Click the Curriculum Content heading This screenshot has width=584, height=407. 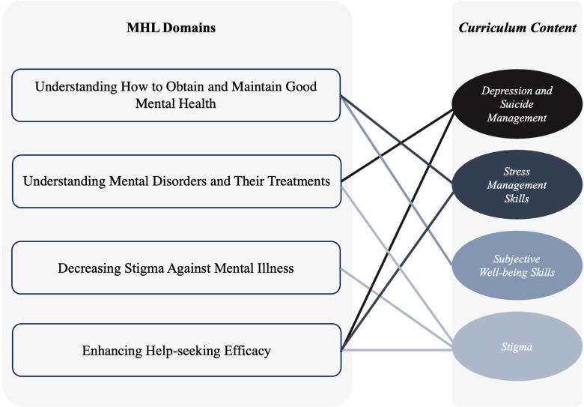(x=517, y=28)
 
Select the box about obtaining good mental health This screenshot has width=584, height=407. (x=176, y=95)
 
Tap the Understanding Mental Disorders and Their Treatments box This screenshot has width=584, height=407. (x=176, y=181)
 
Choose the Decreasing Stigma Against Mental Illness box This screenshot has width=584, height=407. (x=176, y=268)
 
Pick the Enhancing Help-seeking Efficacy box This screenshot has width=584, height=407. (x=176, y=350)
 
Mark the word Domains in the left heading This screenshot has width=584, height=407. (x=190, y=28)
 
